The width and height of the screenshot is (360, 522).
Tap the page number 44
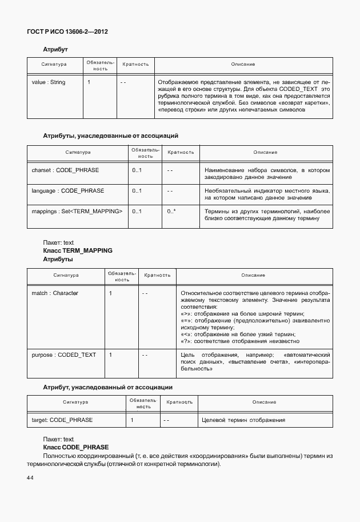(30, 477)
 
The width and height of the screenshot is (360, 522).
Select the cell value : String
(49, 82)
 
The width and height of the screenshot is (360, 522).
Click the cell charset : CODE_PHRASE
(65, 170)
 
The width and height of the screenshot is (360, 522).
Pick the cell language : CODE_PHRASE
(67, 190)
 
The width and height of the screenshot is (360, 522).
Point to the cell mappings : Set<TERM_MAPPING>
(77, 212)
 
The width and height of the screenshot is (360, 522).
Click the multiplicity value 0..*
(171, 212)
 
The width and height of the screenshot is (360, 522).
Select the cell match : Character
(55, 293)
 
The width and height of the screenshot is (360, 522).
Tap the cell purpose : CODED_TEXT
(64, 355)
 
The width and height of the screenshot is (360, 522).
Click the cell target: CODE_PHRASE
(62, 420)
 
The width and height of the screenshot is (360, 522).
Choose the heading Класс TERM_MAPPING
(78, 250)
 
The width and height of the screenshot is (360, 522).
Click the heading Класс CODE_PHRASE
(75, 447)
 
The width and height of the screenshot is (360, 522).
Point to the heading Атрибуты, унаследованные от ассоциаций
(111, 136)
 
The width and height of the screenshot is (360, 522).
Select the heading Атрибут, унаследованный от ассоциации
(107, 387)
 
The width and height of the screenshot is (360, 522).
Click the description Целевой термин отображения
(243, 420)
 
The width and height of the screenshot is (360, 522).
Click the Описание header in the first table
(243, 65)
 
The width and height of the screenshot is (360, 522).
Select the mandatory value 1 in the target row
(132, 420)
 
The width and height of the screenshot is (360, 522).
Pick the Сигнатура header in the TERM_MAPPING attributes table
(66, 275)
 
